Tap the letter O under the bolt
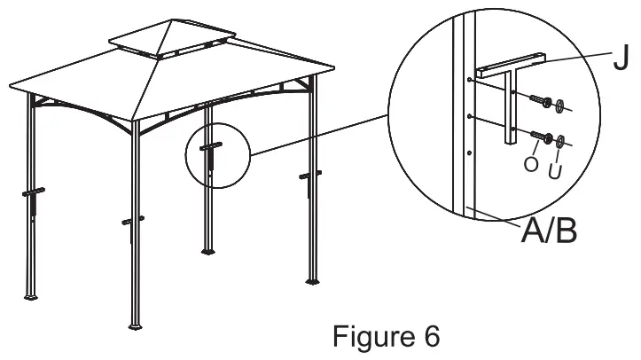click(x=531, y=164)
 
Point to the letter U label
click(x=555, y=168)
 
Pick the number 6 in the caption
click(x=428, y=337)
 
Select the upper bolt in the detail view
click(x=540, y=102)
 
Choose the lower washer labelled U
click(x=561, y=139)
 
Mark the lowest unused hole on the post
click(x=470, y=153)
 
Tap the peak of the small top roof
click(x=168, y=20)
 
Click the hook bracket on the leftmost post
click(x=32, y=193)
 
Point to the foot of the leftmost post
click(x=33, y=295)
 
